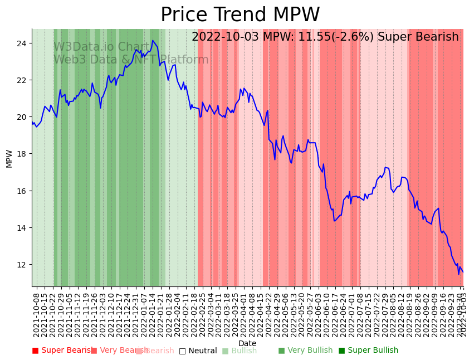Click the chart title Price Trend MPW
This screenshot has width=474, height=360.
(x=240, y=15)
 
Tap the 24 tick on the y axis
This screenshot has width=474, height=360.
(x=23, y=43)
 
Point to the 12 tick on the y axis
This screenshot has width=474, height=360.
(x=23, y=265)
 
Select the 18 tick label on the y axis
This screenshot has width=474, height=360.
(x=23, y=154)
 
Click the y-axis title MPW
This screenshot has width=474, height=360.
(x=9, y=158)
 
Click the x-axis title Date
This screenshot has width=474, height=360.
(x=247, y=343)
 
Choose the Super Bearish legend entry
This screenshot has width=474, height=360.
(x=62, y=351)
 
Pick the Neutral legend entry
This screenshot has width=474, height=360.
(x=198, y=351)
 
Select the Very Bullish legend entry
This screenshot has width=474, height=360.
(x=305, y=351)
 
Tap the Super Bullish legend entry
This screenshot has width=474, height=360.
(x=368, y=351)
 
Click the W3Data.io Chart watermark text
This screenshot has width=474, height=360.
(x=102, y=47)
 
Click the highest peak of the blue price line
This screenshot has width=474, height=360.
(x=153, y=40)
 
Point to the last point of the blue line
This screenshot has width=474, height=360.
(x=463, y=273)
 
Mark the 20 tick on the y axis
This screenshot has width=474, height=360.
(x=23, y=117)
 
